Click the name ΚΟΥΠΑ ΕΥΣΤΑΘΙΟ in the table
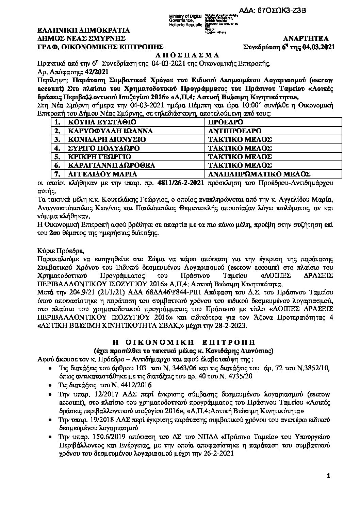[x=98, y=122]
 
